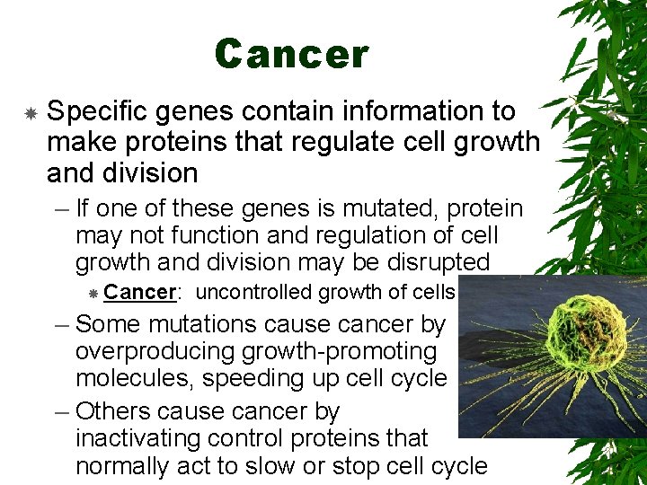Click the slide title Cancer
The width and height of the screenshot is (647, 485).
coord(291,54)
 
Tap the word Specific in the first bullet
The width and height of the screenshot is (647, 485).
coord(100,112)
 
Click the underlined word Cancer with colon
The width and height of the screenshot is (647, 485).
coord(144,293)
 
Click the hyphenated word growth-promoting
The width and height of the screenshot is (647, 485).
coord(350,350)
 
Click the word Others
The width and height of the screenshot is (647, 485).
coord(112,411)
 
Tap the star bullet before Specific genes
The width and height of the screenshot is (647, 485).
coord(30,113)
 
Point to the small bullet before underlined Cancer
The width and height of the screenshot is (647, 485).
coord(93,294)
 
